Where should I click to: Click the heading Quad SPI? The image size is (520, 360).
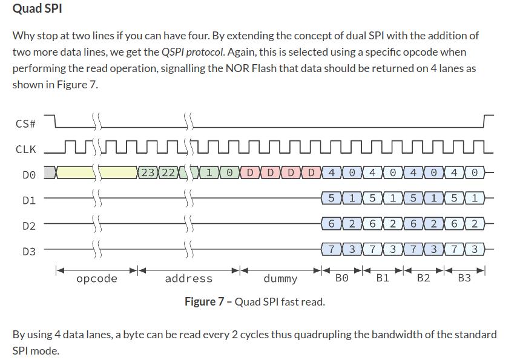coord(37,10)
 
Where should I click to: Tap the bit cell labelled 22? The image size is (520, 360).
coord(169,172)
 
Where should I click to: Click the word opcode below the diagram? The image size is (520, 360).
coord(97,278)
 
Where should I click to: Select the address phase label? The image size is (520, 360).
coord(189,278)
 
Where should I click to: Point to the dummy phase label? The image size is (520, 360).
coord(280,278)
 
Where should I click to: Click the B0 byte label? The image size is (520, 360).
coord(342,278)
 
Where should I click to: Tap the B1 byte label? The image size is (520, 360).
coord(383,278)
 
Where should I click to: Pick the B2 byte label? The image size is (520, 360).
coord(423,278)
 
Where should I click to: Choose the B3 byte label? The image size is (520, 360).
coord(464,278)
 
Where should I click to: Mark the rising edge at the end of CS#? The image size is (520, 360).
coord(485,122)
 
